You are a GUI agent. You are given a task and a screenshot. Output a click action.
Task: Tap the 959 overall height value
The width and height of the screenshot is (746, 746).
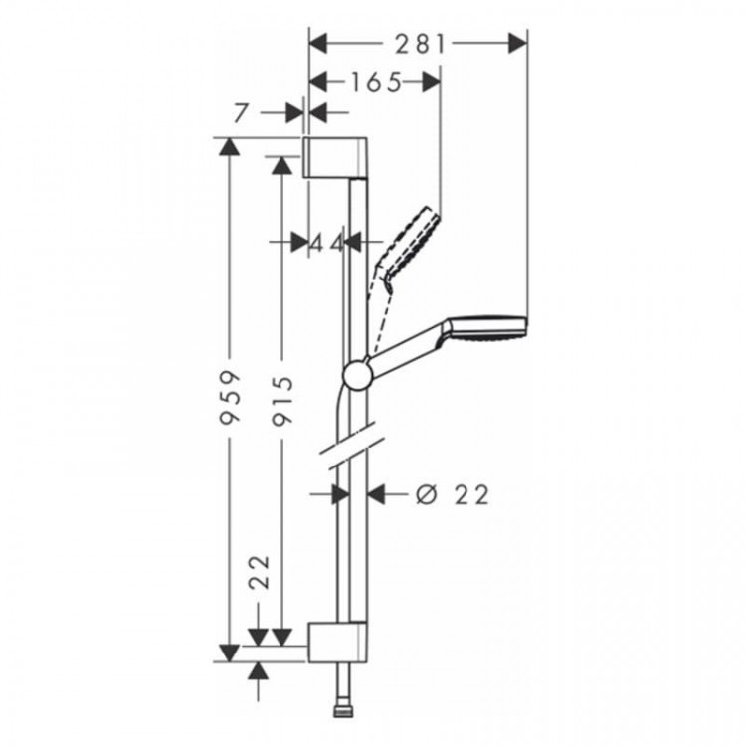tap(230, 397)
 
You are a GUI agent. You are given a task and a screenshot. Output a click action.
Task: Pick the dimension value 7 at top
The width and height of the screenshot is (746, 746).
tap(239, 114)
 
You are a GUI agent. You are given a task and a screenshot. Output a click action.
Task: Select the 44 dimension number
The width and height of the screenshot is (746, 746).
tap(325, 242)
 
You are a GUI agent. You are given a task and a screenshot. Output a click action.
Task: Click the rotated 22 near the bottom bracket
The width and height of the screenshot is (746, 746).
tap(260, 573)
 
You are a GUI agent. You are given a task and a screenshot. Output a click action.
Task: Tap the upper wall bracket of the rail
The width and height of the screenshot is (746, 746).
tap(337, 158)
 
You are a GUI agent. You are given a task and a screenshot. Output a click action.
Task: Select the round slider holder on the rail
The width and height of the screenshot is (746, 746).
tap(356, 374)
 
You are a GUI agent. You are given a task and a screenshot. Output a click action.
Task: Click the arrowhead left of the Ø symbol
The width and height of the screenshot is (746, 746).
tap(377, 493)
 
